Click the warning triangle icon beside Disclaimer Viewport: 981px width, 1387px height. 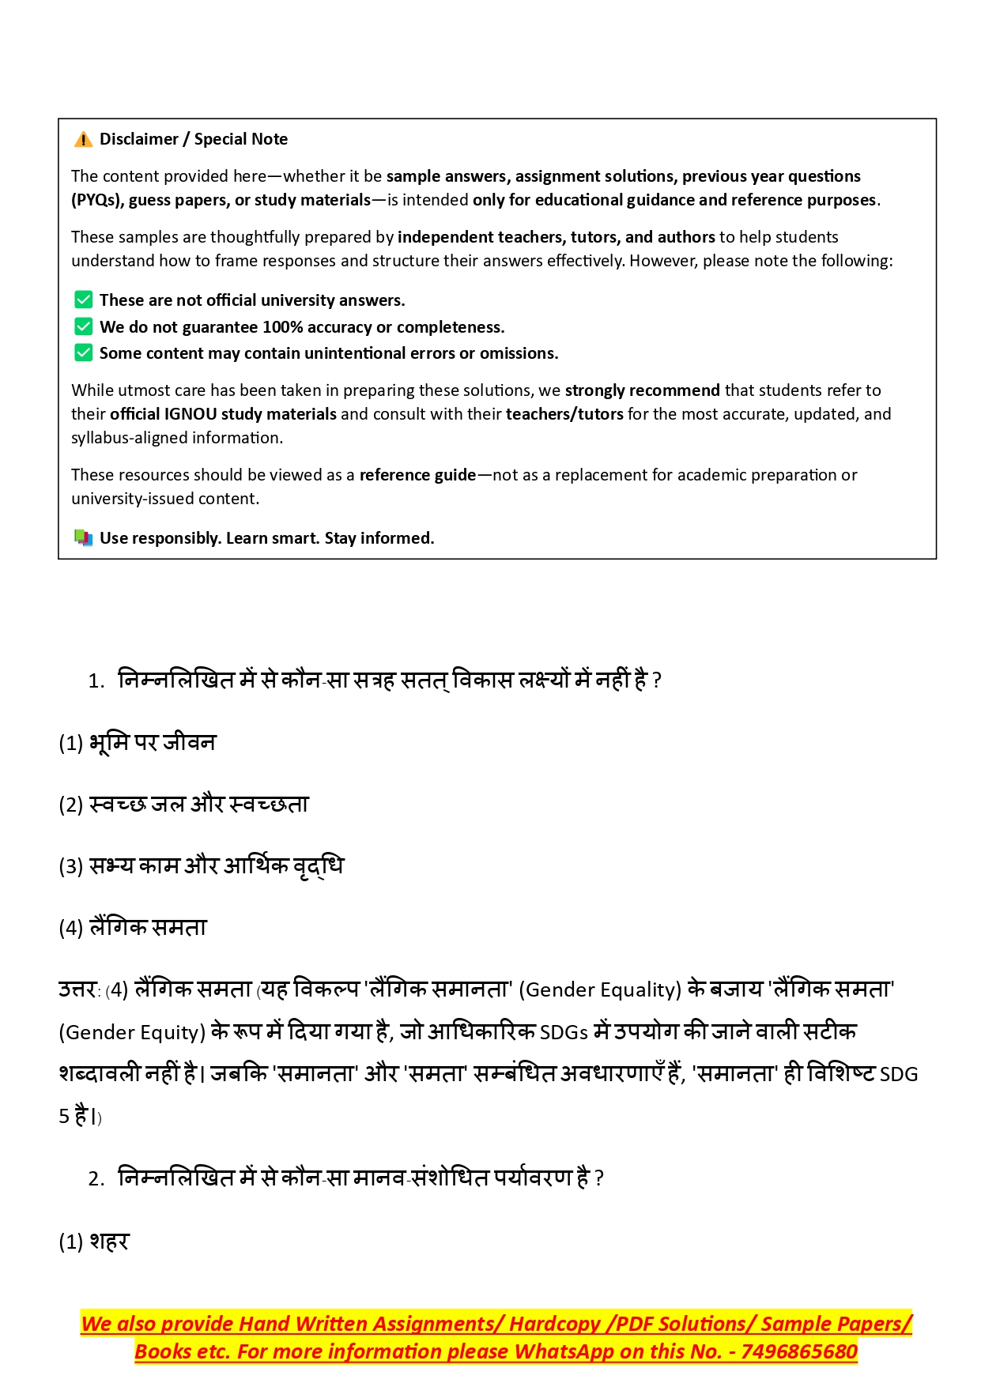(x=83, y=140)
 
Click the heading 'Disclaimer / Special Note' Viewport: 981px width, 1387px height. (x=193, y=139)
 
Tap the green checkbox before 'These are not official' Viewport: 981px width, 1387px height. (x=83, y=300)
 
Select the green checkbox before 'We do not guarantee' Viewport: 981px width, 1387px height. (x=83, y=326)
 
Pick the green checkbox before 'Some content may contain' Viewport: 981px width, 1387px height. (x=83, y=352)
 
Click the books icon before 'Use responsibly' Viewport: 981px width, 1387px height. (x=83, y=538)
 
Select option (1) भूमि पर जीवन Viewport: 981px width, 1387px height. (x=137, y=743)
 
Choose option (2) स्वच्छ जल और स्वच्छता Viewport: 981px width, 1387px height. (x=183, y=805)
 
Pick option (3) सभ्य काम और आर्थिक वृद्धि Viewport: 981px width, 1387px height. (x=201, y=866)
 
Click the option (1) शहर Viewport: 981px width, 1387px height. (x=94, y=1242)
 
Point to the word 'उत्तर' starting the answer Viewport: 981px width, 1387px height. (x=77, y=989)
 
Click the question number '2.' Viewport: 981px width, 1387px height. (x=96, y=1179)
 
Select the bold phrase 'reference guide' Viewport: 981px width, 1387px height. (x=417, y=475)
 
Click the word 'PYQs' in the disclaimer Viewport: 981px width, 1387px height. (x=95, y=200)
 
